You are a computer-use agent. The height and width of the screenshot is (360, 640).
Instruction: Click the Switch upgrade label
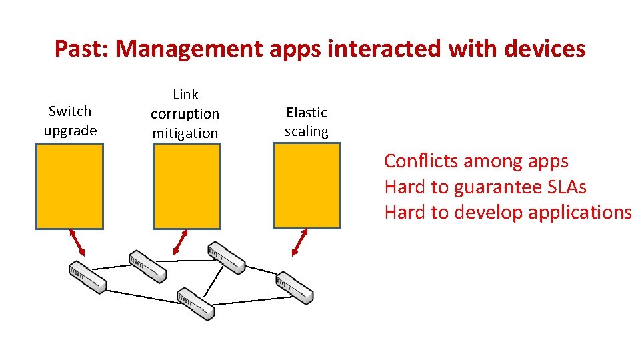tap(70, 121)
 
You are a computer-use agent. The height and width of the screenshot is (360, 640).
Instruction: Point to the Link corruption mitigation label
tap(185, 114)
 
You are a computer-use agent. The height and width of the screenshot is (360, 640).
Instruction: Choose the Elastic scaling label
tap(307, 122)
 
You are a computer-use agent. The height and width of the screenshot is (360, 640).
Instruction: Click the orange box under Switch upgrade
tap(69, 187)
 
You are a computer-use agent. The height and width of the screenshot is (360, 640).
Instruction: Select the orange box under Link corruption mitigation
tap(187, 187)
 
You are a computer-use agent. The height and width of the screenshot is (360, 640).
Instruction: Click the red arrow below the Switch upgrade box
tap(78, 243)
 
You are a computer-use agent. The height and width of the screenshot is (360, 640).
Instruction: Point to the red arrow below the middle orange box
tap(180, 242)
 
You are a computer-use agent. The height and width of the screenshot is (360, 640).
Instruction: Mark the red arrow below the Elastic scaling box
tap(300, 242)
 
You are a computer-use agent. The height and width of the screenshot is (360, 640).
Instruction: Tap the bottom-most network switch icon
tap(196, 304)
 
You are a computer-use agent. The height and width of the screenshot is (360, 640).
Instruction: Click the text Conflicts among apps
tap(476, 161)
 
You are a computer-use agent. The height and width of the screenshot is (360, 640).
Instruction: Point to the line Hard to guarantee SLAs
tap(485, 187)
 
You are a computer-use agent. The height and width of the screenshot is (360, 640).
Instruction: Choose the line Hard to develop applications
tap(507, 213)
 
